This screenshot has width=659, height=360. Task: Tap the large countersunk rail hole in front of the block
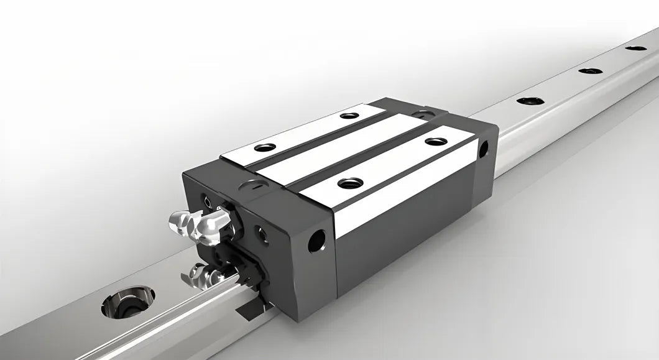click(127, 302)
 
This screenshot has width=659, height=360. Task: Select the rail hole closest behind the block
click(530, 101)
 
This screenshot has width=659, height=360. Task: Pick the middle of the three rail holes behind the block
click(590, 71)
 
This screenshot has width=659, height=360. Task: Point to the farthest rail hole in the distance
click(635, 48)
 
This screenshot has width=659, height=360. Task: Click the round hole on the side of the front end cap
click(316, 241)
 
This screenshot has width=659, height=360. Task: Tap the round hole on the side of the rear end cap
click(482, 149)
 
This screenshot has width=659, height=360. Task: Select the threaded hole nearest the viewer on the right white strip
click(350, 183)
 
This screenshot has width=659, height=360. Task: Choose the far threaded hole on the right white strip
click(436, 141)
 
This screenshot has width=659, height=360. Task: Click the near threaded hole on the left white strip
click(265, 147)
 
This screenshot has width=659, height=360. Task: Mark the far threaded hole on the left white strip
click(349, 115)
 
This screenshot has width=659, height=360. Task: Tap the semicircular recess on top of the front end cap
click(256, 185)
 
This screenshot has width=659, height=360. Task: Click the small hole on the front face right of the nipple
click(262, 234)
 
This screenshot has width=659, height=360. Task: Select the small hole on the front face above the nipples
click(207, 200)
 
